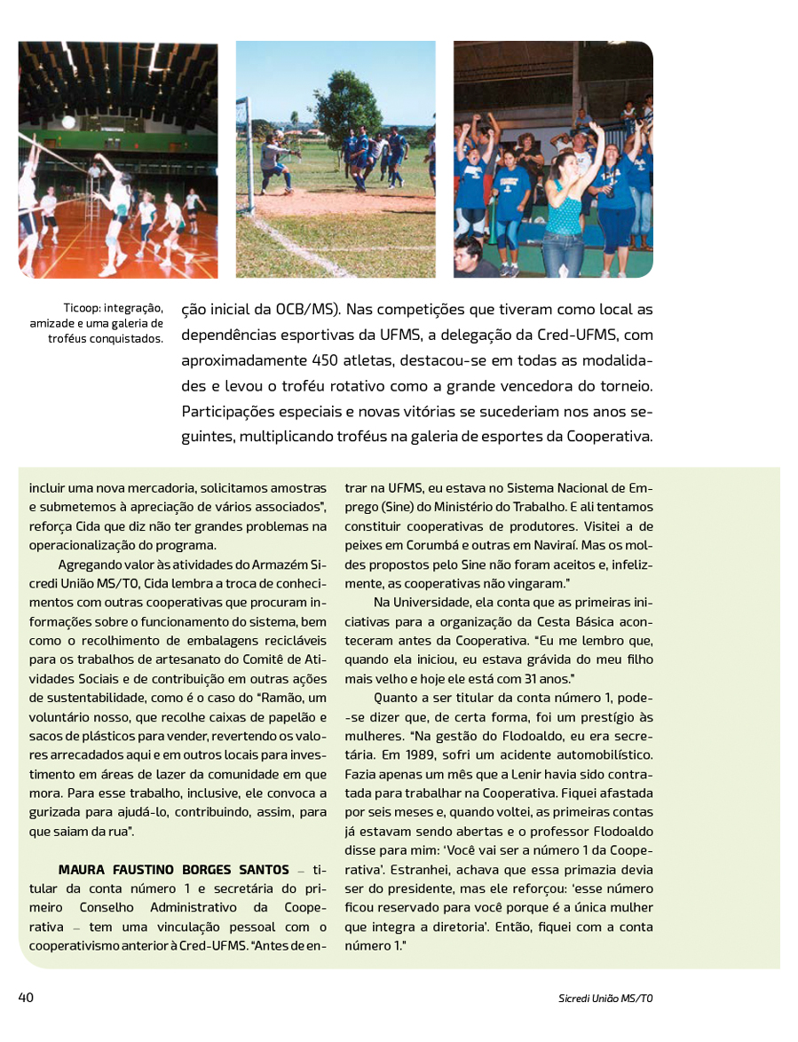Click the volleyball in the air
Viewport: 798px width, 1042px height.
point(68,122)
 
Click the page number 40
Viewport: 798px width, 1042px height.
point(26,998)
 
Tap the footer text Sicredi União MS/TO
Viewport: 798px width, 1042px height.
point(599,999)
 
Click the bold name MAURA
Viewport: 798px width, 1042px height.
point(83,869)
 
